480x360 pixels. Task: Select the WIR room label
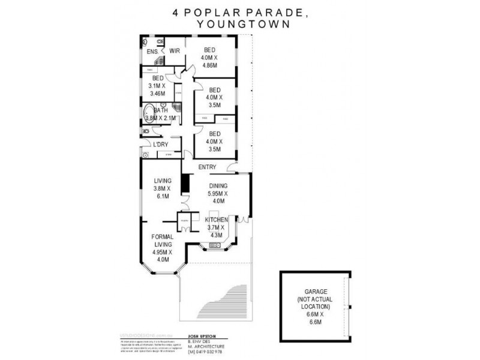tap(175, 51)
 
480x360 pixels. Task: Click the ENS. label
tap(152, 52)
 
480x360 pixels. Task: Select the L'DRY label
tap(160, 145)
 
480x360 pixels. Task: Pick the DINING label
tap(217, 186)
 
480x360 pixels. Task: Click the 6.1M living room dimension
tap(162, 196)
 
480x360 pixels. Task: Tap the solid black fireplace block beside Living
tap(185, 182)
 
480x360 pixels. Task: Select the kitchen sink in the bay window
tap(214, 244)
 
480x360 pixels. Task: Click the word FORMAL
tap(162, 236)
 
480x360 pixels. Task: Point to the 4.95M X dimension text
tap(162, 252)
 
